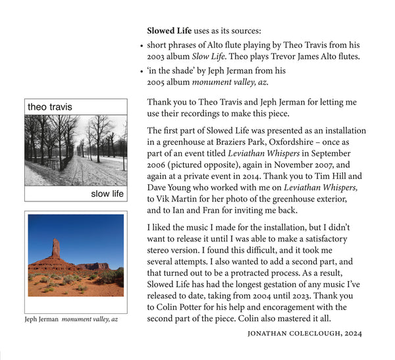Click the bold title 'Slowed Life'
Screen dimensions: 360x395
[x=169, y=31]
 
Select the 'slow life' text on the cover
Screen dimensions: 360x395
[x=107, y=193]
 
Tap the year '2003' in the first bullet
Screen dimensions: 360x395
[x=157, y=57]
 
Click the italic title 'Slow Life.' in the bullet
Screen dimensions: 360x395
[x=223, y=57]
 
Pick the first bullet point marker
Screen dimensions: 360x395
[x=142, y=46]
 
